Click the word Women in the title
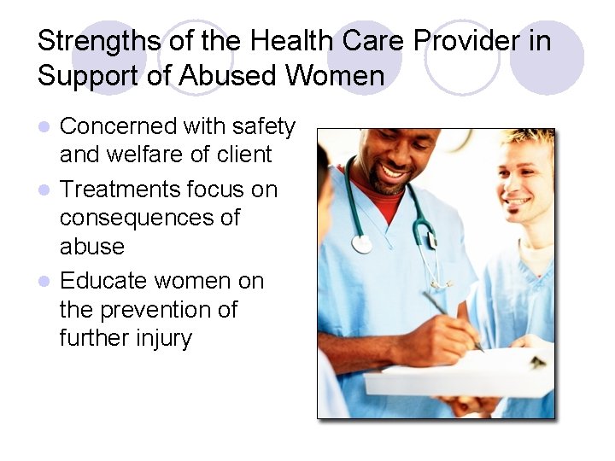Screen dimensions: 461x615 click(x=335, y=76)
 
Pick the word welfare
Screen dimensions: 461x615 click(x=159, y=155)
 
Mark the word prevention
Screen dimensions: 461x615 click(x=165, y=309)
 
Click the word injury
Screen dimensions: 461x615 click(x=163, y=338)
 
